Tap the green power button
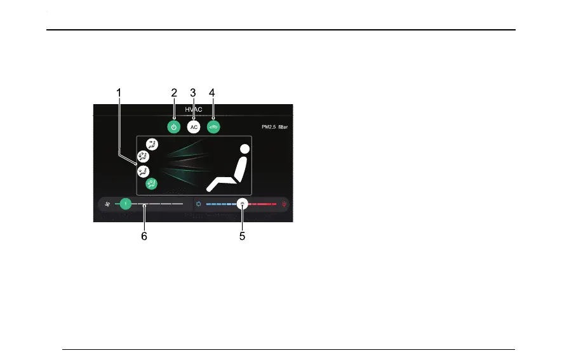tap(174, 127)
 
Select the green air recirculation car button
tap(213, 127)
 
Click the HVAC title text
tap(194, 110)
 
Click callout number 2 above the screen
tap(174, 93)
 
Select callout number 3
tap(193, 93)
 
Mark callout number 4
tap(213, 93)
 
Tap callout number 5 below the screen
tap(242, 236)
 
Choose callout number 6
tap(144, 236)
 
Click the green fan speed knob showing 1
tap(126, 204)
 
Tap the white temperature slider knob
tap(243, 204)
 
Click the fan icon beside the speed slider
tap(108, 204)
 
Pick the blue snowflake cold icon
tap(199, 204)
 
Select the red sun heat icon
tap(284, 204)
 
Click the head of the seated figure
tap(244, 150)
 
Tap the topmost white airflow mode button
tap(152, 145)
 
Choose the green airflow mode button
tap(152, 183)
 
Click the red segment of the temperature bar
tap(264, 204)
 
